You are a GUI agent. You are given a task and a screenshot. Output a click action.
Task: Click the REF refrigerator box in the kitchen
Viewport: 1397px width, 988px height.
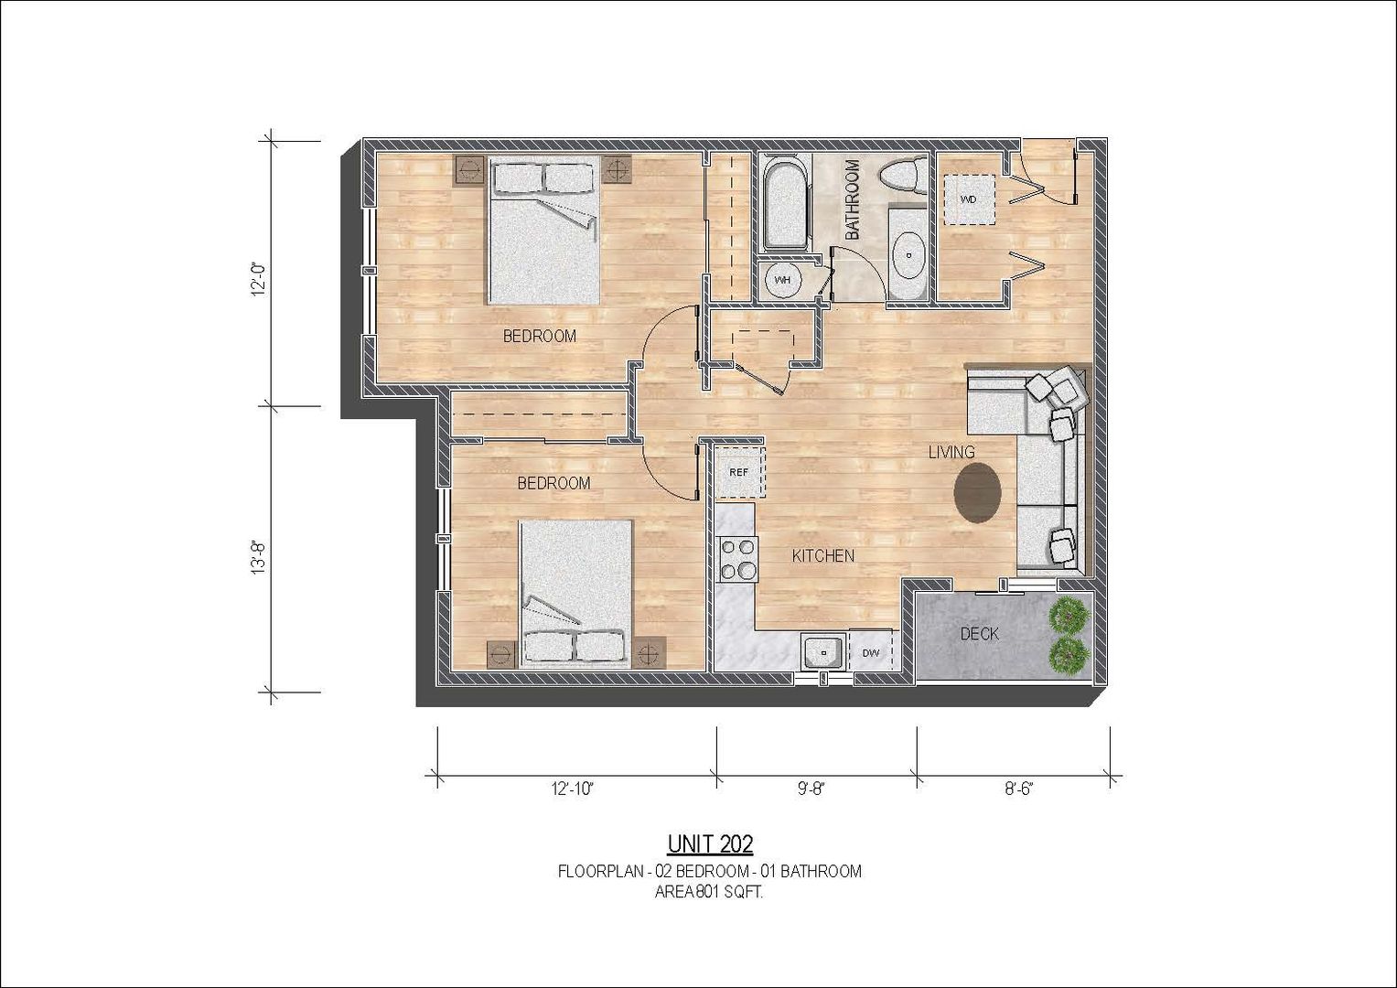pos(739,472)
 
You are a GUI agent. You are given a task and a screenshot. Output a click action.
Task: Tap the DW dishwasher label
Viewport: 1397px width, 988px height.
pos(871,653)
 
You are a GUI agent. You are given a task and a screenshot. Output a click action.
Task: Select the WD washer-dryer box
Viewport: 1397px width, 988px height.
pos(969,199)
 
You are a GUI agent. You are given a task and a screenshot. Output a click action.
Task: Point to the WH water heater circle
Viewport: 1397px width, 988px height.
pos(782,280)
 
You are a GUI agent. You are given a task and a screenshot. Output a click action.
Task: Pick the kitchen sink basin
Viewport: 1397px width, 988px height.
pos(824,651)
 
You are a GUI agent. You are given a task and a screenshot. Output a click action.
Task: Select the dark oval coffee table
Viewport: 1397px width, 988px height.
pos(978,493)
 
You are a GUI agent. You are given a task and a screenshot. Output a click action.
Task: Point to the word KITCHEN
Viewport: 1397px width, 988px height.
pos(822,556)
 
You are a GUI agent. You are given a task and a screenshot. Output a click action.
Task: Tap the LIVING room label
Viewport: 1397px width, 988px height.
pos(951,452)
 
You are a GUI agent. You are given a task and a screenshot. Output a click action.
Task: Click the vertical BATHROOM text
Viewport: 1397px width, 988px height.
pos(852,199)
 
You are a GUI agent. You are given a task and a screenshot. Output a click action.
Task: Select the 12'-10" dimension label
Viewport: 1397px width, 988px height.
pos(572,789)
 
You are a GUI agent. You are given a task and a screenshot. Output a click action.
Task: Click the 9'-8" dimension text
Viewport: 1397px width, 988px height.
pos(811,789)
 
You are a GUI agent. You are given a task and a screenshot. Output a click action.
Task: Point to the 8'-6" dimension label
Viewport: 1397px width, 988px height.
pos(1019,789)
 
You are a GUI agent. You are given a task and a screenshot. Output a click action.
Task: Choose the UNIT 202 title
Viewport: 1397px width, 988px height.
pos(710,844)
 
